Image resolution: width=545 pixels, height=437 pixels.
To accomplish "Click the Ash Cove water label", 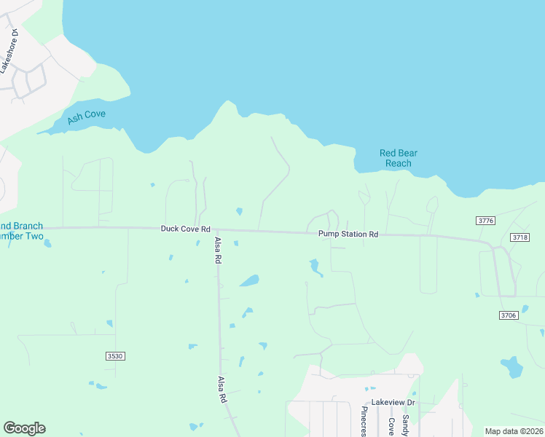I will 87,117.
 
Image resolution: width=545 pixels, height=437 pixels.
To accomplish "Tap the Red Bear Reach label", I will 399,158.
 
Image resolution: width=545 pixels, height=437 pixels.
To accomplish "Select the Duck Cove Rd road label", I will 185,229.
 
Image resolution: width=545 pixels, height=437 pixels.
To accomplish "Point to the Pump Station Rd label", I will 348,235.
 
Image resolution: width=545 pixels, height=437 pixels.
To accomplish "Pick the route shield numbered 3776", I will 485,220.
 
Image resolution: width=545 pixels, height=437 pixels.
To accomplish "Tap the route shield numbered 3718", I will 519,237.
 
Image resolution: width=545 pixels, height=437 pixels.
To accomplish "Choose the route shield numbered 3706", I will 509,315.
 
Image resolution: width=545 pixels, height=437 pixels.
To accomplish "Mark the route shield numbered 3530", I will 115,355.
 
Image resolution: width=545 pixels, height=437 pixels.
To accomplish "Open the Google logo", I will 24,428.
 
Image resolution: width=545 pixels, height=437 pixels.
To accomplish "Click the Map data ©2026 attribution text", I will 513,431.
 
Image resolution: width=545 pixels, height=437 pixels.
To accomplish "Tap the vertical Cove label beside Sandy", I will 391,427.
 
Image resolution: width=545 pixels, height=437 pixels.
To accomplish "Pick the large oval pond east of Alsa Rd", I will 249,280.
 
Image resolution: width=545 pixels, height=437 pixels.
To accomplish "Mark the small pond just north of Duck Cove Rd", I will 239,212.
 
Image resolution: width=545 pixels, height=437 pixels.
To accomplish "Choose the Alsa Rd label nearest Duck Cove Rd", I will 217,250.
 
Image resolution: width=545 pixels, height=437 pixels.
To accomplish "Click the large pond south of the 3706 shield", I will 513,366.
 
